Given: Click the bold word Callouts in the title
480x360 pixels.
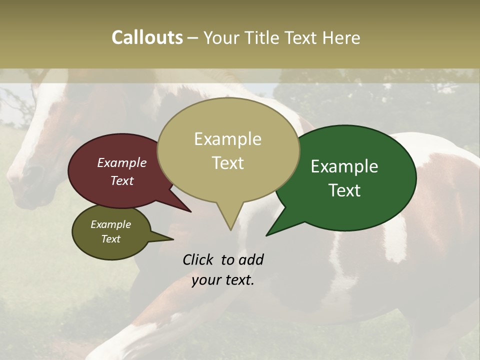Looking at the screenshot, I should click(x=147, y=37).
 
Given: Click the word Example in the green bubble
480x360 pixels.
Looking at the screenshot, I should click(x=344, y=166).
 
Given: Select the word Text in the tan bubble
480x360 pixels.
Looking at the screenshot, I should click(x=228, y=163).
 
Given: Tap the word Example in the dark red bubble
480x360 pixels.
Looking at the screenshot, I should click(x=121, y=162).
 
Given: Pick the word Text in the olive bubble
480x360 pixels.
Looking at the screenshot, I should click(x=110, y=239).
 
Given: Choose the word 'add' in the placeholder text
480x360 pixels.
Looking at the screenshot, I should click(x=251, y=259).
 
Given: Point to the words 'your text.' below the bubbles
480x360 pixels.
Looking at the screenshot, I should click(x=223, y=280).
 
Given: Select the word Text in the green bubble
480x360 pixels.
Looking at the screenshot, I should click(x=344, y=190).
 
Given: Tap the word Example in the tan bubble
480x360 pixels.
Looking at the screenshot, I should click(x=228, y=139).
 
